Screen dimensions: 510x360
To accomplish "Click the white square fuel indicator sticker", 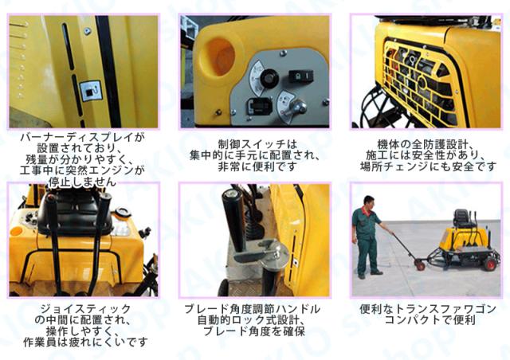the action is coord(90,91).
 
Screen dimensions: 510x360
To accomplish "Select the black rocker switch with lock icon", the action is coord(301,76).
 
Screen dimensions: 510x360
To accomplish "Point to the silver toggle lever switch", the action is coord(296,108).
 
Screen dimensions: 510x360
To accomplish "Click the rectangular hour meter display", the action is coord(258,106).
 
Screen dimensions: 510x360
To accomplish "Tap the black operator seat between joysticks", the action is coord(76,211).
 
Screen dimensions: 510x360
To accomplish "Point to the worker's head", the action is coord(368,202).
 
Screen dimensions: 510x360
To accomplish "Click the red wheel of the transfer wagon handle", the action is coord(420,266).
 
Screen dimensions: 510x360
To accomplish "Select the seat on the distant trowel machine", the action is coord(462,218).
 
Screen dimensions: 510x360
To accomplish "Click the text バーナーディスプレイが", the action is coord(82,137).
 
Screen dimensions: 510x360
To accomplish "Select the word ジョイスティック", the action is coord(85,308).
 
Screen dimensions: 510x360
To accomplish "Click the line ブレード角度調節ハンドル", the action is coord(252,308).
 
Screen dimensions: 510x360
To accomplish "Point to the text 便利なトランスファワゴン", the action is coord(428,308).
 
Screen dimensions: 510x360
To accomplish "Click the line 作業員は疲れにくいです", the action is coord(85,342).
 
